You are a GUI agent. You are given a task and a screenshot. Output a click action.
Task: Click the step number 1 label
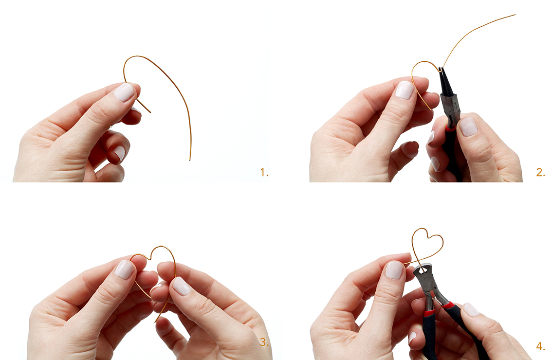(264, 172)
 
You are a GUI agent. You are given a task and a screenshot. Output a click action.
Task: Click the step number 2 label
(540, 172)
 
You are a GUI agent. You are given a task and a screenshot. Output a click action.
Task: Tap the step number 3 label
(264, 342)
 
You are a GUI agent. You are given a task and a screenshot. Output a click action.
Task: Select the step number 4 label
(540, 346)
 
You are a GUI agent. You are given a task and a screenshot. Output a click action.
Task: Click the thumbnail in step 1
(124, 92)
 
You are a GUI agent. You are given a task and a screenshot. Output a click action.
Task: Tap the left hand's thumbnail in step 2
(405, 90)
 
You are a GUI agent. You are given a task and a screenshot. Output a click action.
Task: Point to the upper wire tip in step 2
(515, 15)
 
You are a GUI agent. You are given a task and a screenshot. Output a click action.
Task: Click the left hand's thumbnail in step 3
(124, 270)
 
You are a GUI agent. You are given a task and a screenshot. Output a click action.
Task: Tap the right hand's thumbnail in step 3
(182, 286)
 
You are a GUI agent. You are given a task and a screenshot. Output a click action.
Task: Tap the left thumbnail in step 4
(394, 270)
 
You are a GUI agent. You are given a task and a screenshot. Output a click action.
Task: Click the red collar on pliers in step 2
(451, 127)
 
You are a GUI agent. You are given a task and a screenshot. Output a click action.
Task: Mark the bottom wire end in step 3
(155, 322)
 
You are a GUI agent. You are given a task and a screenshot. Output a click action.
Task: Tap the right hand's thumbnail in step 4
(471, 309)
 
